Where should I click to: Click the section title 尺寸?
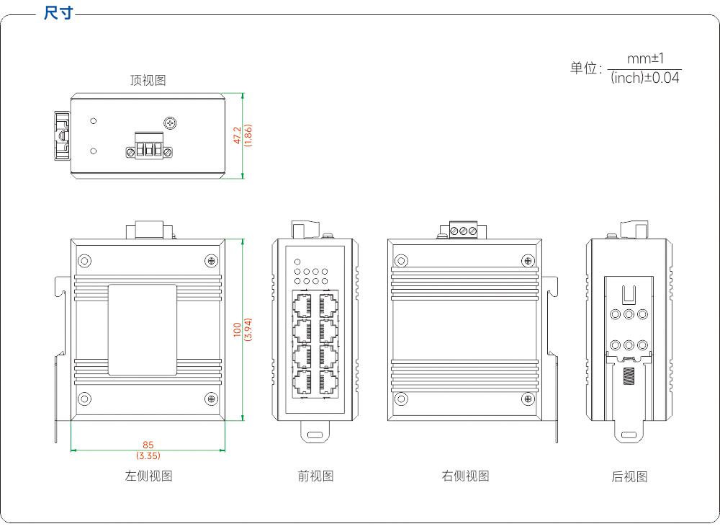point(58,13)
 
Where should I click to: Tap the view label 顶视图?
point(148,81)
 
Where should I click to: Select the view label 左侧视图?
point(148,476)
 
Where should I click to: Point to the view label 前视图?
point(315,476)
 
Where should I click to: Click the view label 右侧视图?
point(465,476)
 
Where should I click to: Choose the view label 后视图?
point(629,476)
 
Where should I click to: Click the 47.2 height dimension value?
point(238,135)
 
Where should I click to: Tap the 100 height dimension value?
point(238,329)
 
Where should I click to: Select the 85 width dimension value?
point(148,445)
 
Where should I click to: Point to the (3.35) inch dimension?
point(148,455)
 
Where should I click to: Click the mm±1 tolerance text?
point(645,59)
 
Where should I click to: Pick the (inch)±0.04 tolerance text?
point(645,78)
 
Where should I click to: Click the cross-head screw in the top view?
point(171,123)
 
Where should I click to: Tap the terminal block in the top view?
point(149,146)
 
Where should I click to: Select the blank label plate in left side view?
point(143,329)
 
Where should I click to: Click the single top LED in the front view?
point(297,262)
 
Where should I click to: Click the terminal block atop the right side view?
point(463,230)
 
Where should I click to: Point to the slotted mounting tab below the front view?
point(315,432)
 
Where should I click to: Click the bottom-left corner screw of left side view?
point(84,399)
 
